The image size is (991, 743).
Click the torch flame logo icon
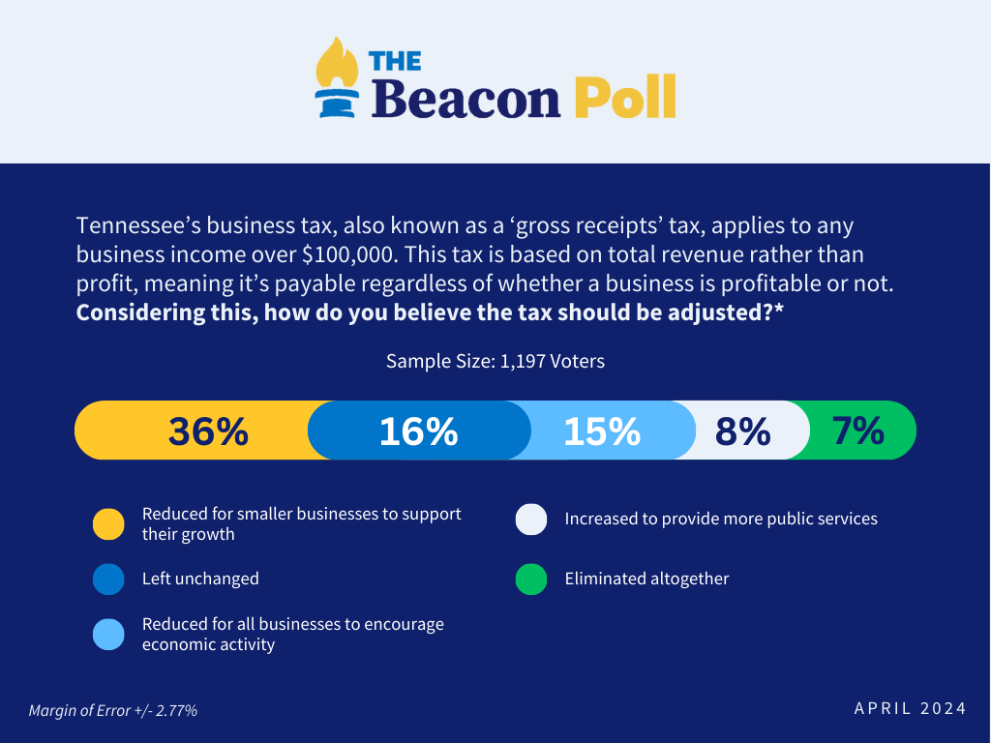tap(333, 78)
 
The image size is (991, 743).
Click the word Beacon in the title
tap(465, 99)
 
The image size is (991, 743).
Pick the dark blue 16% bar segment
tap(418, 431)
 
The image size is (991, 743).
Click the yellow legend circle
tap(108, 523)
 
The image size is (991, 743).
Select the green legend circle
tap(531, 580)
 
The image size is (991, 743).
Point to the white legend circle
tap(531, 520)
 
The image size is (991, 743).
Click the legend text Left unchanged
tap(200, 580)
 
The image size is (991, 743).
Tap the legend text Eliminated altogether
tap(646, 580)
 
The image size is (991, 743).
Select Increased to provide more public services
tap(721, 520)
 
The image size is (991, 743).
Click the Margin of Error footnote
tap(113, 711)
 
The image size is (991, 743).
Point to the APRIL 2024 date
tap(910, 709)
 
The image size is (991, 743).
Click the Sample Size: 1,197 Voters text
tap(495, 362)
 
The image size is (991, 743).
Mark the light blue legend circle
tap(108, 635)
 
